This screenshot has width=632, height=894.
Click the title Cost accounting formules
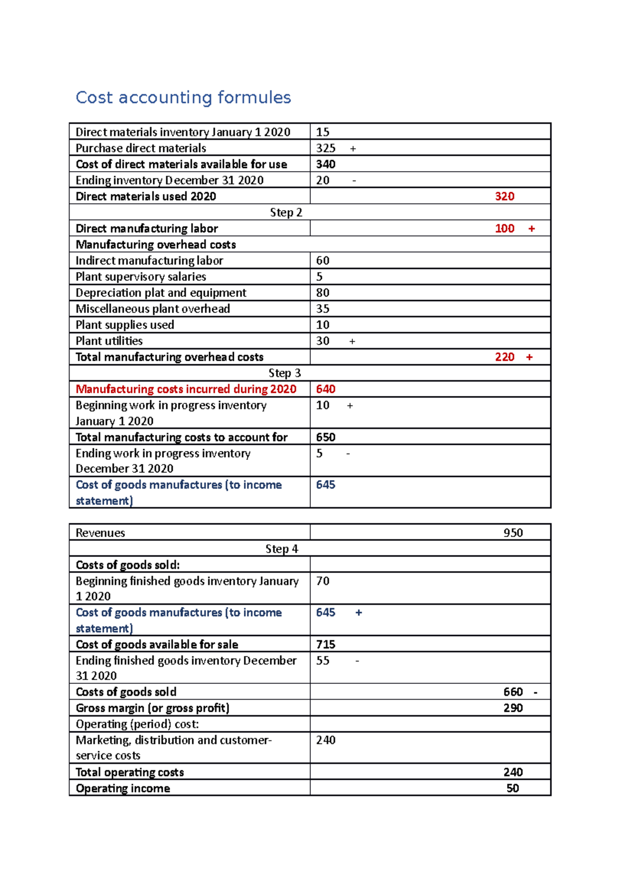[x=183, y=97]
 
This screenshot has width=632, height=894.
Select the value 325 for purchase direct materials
[x=325, y=148]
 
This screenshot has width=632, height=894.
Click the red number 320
[x=504, y=196]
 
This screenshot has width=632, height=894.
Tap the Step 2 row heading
[x=286, y=213]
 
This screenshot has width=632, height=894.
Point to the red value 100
[x=504, y=229]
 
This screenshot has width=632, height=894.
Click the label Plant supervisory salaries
[x=141, y=277]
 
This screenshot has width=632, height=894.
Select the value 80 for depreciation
[x=322, y=293]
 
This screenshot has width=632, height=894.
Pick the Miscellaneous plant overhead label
[x=153, y=309]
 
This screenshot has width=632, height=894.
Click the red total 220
[x=504, y=357]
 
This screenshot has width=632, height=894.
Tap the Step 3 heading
[x=284, y=373]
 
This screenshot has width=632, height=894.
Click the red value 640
[x=325, y=389]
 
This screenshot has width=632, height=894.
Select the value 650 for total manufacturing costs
[x=325, y=438]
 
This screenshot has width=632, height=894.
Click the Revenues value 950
[x=512, y=533]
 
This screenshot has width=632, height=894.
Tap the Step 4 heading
[x=282, y=549]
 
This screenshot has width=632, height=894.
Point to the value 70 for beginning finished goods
[x=322, y=581]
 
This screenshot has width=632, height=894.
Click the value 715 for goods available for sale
[x=325, y=644]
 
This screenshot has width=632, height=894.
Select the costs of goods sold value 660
[x=512, y=692]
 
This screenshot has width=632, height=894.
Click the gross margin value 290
[x=512, y=708]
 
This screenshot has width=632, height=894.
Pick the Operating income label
[x=123, y=789]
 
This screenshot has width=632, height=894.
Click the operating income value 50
[x=512, y=789]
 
